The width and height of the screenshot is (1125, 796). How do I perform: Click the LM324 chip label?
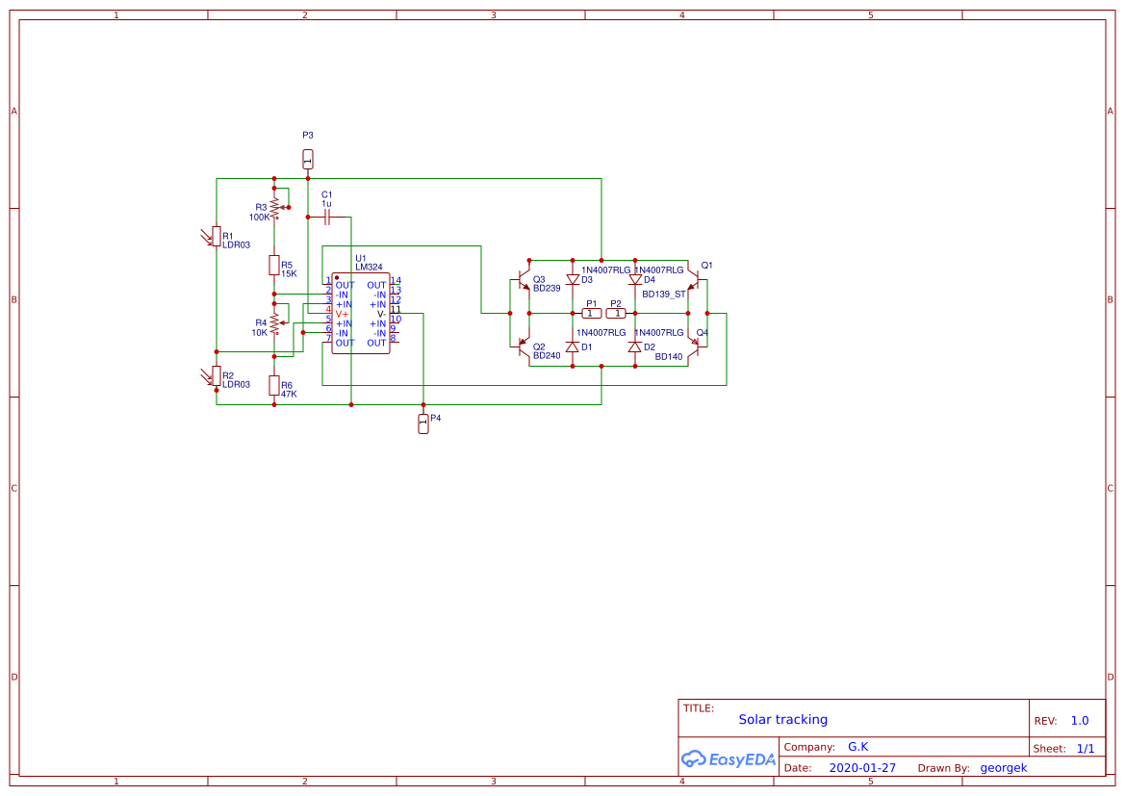click(x=369, y=267)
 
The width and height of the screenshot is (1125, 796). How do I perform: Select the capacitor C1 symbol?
click(x=328, y=218)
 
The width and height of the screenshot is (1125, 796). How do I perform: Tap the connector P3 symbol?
click(x=308, y=158)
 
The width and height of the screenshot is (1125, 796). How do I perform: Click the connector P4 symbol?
click(x=422, y=424)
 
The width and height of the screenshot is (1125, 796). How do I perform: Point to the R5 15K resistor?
click(x=274, y=265)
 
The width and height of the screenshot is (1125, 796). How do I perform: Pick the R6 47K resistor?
click(x=274, y=385)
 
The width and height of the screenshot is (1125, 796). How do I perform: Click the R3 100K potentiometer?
click(x=274, y=206)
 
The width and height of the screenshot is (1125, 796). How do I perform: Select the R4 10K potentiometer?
click(x=274, y=323)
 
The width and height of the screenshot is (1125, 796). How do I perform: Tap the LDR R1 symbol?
click(x=216, y=236)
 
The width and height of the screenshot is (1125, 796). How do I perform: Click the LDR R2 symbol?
click(x=216, y=375)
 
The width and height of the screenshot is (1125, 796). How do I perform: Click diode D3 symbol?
click(x=573, y=280)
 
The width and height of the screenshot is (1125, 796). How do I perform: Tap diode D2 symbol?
click(x=634, y=347)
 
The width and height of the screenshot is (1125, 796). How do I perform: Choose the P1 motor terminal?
click(x=592, y=314)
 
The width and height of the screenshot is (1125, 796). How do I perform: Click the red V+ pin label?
click(x=342, y=314)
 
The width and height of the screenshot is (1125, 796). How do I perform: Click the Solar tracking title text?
click(x=782, y=719)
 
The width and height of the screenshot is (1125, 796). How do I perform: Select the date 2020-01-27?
click(x=862, y=768)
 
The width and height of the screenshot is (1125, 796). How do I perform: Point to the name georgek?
click(x=1004, y=768)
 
